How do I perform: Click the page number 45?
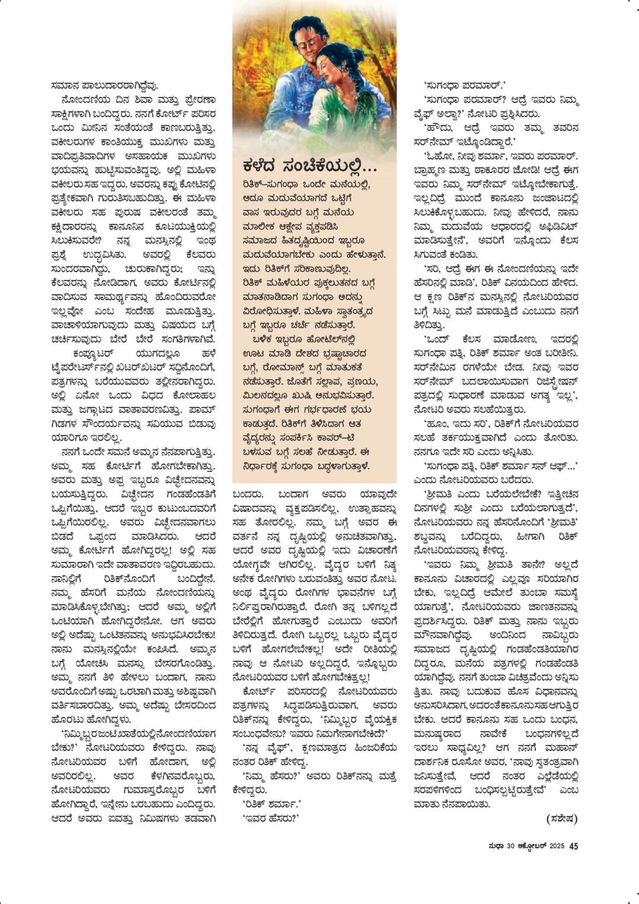tap(573, 846)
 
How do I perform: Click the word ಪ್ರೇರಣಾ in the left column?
tap(196, 100)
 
